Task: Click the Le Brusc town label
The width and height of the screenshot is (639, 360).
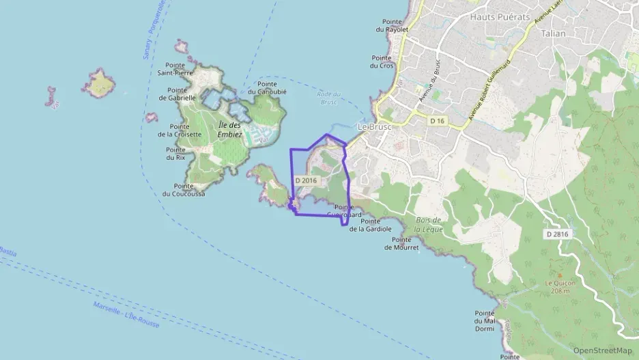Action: (x=373, y=127)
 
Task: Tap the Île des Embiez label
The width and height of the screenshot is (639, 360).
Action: (x=230, y=130)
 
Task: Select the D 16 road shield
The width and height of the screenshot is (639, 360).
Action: (x=438, y=120)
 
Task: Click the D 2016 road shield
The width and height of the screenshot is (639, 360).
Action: (x=307, y=180)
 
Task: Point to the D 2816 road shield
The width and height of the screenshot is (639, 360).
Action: (x=557, y=234)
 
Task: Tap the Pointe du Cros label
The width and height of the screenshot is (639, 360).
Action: (x=382, y=61)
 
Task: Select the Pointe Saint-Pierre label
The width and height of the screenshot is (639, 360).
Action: (x=175, y=68)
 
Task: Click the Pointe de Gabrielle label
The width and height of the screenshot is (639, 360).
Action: (x=177, y=94)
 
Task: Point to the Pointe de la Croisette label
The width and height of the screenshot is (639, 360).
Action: (x=180, y=130)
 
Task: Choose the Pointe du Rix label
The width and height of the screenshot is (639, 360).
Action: (x=175, y=154)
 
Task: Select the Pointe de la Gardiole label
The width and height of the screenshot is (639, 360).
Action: (x=371, y=225)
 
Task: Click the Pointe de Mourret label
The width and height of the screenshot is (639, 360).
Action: (x=401, y=243)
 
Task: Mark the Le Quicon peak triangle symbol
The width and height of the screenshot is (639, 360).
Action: (x=560, y=275)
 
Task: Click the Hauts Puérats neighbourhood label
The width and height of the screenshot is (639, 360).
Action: (x=500, y=16)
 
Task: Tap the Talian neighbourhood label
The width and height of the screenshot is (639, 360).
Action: (x=553, y=32)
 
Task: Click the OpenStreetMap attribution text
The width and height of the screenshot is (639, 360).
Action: (x=603, y=350)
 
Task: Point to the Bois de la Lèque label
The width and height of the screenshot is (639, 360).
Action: (x=429, y=225)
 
